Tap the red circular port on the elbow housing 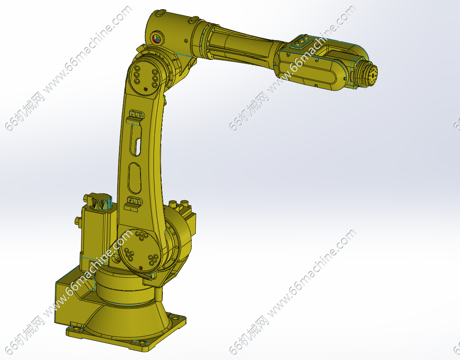(156, 38)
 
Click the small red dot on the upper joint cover (146, 89)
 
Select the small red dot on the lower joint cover (140, 267)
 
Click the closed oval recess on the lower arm (135, 178)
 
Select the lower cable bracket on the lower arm (134, 203)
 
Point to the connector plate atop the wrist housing (300, 42)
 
